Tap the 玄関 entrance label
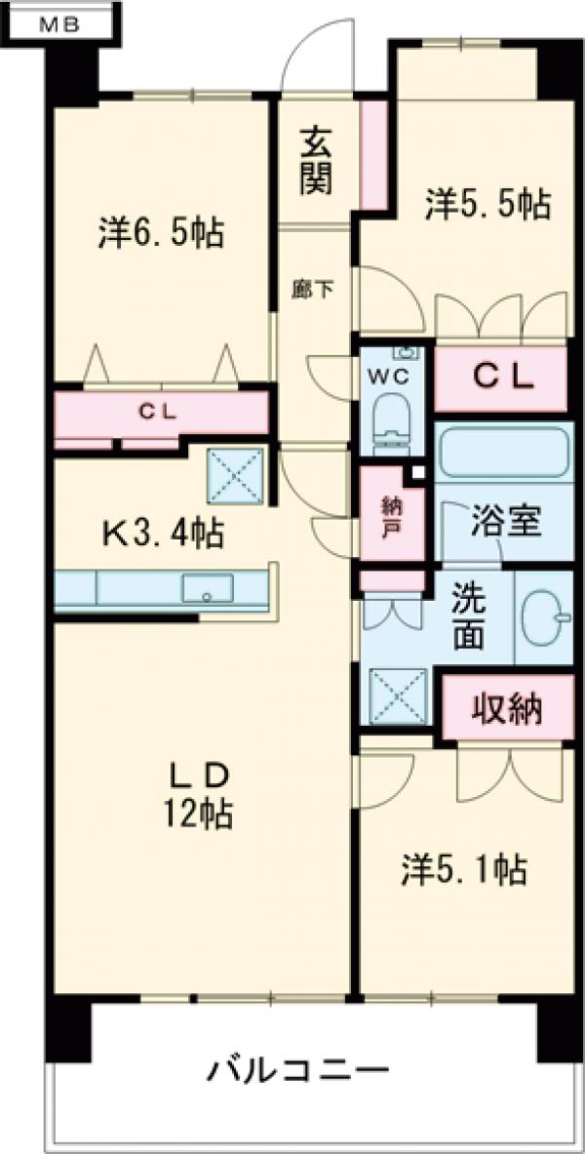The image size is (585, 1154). coord(314,161)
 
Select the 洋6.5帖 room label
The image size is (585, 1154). coord(161,233)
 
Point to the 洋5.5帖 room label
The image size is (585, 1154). coord(487,204)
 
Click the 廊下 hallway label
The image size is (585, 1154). coord(314,289)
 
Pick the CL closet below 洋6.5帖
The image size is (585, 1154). coord(159,412)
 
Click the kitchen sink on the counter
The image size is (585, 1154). coord(208,588)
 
